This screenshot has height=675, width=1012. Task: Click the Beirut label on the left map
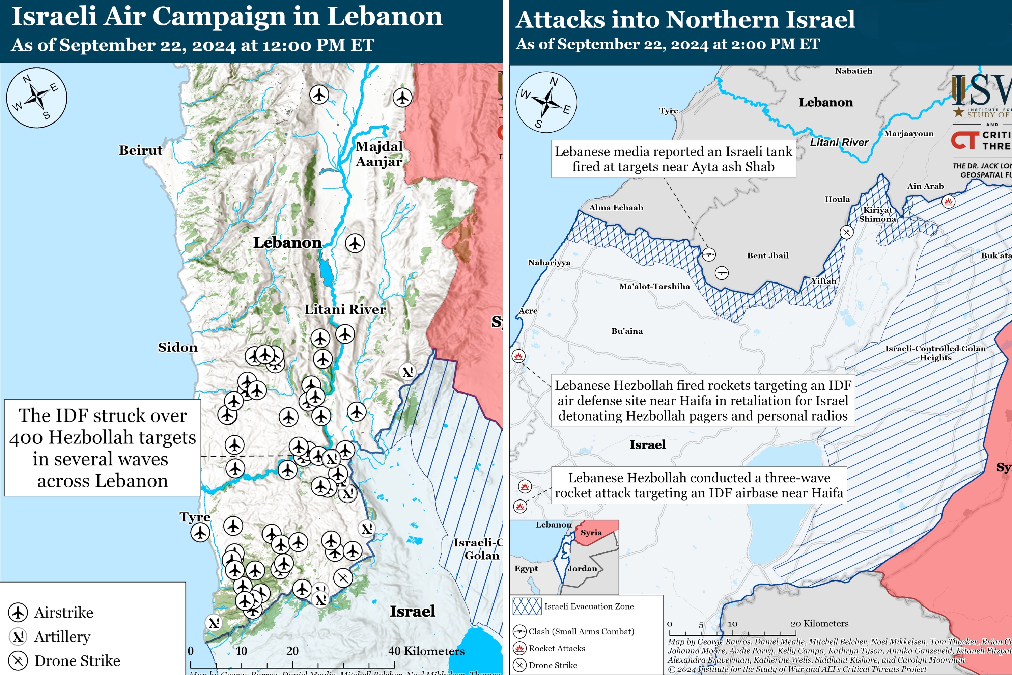(x=140, y=150)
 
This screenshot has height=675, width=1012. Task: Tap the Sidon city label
(x=177, y=347)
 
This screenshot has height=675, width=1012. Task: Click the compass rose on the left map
(x=36, y=98)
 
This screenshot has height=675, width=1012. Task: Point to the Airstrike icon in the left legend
(x=18, y=612)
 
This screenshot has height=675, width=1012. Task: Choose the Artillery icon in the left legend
(x=18, y=636)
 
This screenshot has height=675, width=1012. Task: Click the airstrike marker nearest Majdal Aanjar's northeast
(x=402, y=97)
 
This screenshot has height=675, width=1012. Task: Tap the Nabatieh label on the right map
(x=853, y=71)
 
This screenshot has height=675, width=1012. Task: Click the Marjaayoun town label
(x=908, y=133)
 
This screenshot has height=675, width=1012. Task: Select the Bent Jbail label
(x=768, y=255)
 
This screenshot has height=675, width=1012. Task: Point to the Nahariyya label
(x=549, y=263)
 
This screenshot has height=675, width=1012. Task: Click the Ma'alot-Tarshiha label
(x=654, y=286)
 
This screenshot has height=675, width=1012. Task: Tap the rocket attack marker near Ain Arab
(x=948, y=201)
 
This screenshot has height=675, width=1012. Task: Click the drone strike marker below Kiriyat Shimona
(x=846, y=232)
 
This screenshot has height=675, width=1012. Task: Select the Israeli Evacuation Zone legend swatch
(x=527, y=606)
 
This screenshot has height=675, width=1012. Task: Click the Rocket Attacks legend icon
(x=520, y=648)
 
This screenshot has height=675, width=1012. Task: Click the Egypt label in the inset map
(x=526, y=568)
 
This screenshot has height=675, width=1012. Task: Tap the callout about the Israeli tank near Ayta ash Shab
(x=673, y=159)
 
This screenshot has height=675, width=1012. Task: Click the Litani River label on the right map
(x=839, y=142)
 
